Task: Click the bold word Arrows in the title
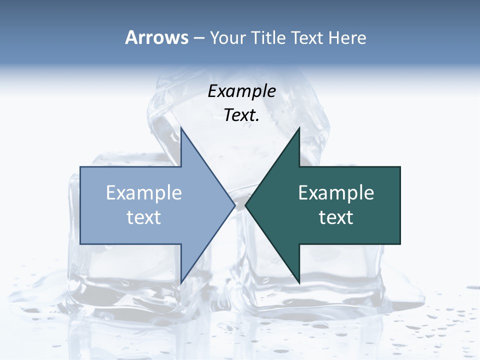pyautogui.click(x=156, y=37)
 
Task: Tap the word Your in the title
pyautogui.click(x=226, y=37)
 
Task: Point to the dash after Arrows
pyautogui.click(x=198, y=38)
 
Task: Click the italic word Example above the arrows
pyautogui.click(x=242, y=91)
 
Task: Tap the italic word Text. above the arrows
pyautogui.click(x=242, y=115)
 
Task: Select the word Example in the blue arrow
pyautogui.click(x=144, y=193)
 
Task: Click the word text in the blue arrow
pyautogui.click(x=144, y=217)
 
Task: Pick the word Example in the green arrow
pyautogui.click(x=336, y=193)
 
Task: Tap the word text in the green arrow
pyautogui.click(x=336, y=217)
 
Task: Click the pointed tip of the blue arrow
pyautogui.click(x=235, y=205)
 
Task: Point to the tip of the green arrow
pyautogui.click(x=245, y=205)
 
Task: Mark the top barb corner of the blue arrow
pyautogui.click(x=181, y=128)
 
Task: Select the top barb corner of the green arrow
pyautogui.click(x=299, y=128)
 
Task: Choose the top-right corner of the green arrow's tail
pyautogui.click(x=400, y=167)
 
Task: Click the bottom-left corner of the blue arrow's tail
pyautogui.click(x=80, y=244)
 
